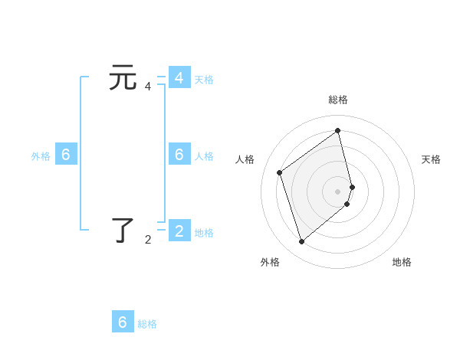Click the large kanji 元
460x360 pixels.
tap(123, 77)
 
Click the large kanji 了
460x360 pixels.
tap(123, 230)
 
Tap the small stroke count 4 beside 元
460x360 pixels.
tap(148, 87)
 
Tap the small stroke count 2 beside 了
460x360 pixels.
tap(148, 240)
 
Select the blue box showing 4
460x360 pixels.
tap(179, 78)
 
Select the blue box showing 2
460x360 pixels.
tap(179, 230)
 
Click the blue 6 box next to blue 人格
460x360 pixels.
tap(179, 154)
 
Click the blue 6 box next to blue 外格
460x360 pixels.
tap(66, 154)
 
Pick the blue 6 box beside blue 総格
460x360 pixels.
tap(123, 322)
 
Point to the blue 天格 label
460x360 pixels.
tap(204, 79)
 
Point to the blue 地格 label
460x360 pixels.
tap(204, 233)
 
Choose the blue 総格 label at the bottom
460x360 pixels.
tap(147, 324)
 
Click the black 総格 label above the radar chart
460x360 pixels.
tap(338, 100)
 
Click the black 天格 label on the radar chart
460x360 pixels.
tap(431, 159)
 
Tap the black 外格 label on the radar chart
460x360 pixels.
tap(270, 262)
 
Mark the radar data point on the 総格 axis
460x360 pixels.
tap(338, 131)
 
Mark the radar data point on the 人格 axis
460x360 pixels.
tap(280, 172)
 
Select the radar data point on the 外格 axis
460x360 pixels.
tap(301, 242)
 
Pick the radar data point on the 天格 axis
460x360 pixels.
tap(352, 186)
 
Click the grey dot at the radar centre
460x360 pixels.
tap(338, 191)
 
